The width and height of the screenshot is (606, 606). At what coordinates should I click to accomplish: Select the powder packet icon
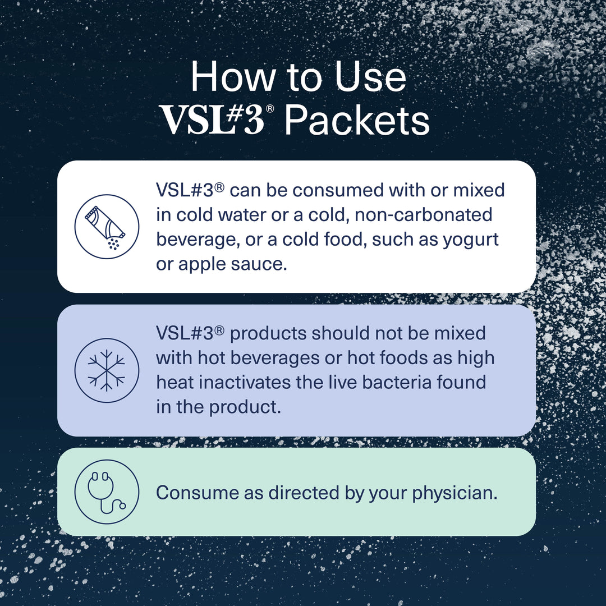point(106,226)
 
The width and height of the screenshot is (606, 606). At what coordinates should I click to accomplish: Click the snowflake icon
point(106,370)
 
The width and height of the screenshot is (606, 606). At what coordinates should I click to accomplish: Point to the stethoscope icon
point(106,492)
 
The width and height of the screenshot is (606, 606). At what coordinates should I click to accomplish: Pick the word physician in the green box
point(454,493)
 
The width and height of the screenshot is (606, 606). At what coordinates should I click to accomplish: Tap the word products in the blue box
point(268,333)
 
